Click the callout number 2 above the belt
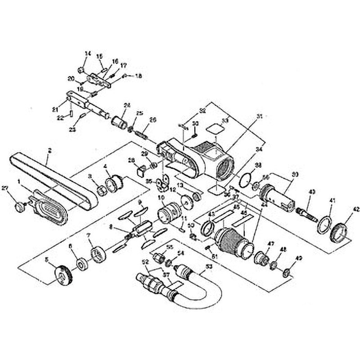[49, 150]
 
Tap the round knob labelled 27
[20, 206]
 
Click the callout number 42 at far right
[356, 209]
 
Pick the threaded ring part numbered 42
[339, 231]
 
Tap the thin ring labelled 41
[324, 224]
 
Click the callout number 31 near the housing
[259, 116]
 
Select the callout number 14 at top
[87, 54]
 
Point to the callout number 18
[138, 76]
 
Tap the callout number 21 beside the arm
[55, 109]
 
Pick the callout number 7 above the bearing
[88, 235]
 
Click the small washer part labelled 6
[82, 264]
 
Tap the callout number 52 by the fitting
[145, 261]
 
